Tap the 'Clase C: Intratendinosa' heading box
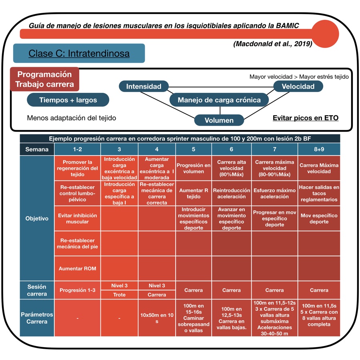coord(79,53)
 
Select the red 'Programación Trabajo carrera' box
coord(45,79)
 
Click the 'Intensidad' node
coord(144,86)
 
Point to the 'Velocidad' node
coord(298,86)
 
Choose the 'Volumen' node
coord(219,120)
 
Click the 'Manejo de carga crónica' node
coord(219,100)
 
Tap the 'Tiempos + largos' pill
coord(68,100)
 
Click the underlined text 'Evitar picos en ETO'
coord(306,118)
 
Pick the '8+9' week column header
coord(319,149)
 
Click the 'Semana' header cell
coord(37,149)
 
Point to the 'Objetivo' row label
coord(37,218)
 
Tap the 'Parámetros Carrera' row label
coord(37,318)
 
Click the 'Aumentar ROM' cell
coord(78,268)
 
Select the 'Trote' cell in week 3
coord(119,295)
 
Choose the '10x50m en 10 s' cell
coord(157,318)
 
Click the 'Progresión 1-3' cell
coord(78,290)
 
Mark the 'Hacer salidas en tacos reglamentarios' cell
coord(319,193)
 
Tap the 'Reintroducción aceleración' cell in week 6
coord(232,193)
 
